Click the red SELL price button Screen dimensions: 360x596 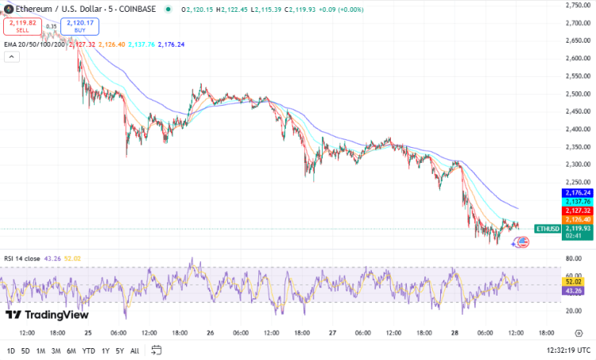tap(22, 26)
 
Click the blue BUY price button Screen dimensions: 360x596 tap(79, 26)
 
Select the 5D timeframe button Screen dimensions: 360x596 tap(25, 350)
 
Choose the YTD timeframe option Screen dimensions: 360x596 tap(88, 350)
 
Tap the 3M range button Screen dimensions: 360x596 tap(56, 350)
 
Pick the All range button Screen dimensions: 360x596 tap(134, 350)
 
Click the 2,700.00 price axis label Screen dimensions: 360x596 tap(576, 22)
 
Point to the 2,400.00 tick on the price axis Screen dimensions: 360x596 tap(576, 129)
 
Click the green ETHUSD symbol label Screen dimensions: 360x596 tap(548, 228)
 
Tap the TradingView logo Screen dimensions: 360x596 tap(48, 315)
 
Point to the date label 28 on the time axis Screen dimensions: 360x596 tap(454, 333)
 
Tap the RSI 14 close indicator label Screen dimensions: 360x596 tap(23, 258)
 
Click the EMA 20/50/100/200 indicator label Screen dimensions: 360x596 tap(33, 45)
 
